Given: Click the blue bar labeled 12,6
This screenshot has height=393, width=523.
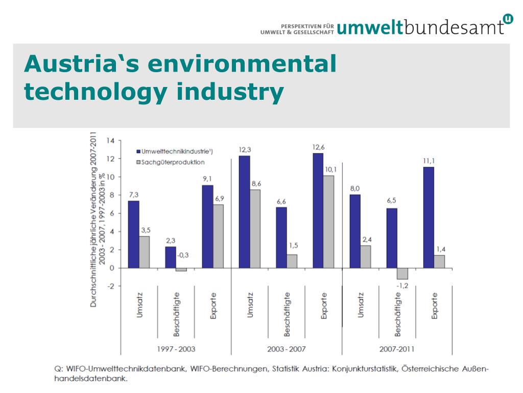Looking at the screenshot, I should click(x=318, y=210).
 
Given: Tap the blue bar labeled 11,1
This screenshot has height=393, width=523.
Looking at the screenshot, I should click(x=428, y=217).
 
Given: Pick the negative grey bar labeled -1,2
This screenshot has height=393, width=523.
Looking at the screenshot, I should click(x=402, y=273).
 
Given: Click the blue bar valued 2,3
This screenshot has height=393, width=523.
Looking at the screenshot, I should click(x=171, y=257).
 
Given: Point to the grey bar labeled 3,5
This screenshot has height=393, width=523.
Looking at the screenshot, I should click(x=145, y=252).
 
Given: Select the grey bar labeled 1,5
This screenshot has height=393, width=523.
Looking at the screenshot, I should click(x=292, y=261).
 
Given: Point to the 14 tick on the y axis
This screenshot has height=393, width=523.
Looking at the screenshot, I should click(x=110, y=140).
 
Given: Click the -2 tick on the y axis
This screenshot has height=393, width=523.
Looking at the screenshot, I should click(x=110, y=286).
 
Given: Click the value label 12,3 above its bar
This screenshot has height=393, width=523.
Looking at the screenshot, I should click(x=245, y=150).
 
